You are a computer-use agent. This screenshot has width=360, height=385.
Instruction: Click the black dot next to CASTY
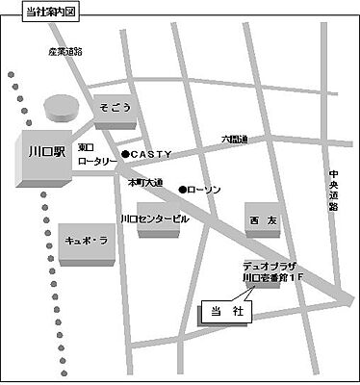pyautogui.click(x=125, y=153)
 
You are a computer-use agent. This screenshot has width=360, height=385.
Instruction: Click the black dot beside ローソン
pyautogui.click(x=182, y=190)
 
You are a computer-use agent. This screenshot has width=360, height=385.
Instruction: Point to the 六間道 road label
pyautogui.click(x=235, y=140)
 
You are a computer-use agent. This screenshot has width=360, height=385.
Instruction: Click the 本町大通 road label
pyautogui.click(x=145, y=182)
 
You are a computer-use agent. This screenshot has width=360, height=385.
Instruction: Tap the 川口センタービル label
pyautogui.click(x=154, y=218)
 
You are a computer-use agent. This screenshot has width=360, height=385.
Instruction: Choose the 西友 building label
pyautogui.click(x=263, y=220)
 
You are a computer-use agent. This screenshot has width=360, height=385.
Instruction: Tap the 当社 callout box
pyautogui.click(x=221, y=313)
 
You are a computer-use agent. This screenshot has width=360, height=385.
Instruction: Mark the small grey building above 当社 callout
pyautogui.click(x=261, y=288)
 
